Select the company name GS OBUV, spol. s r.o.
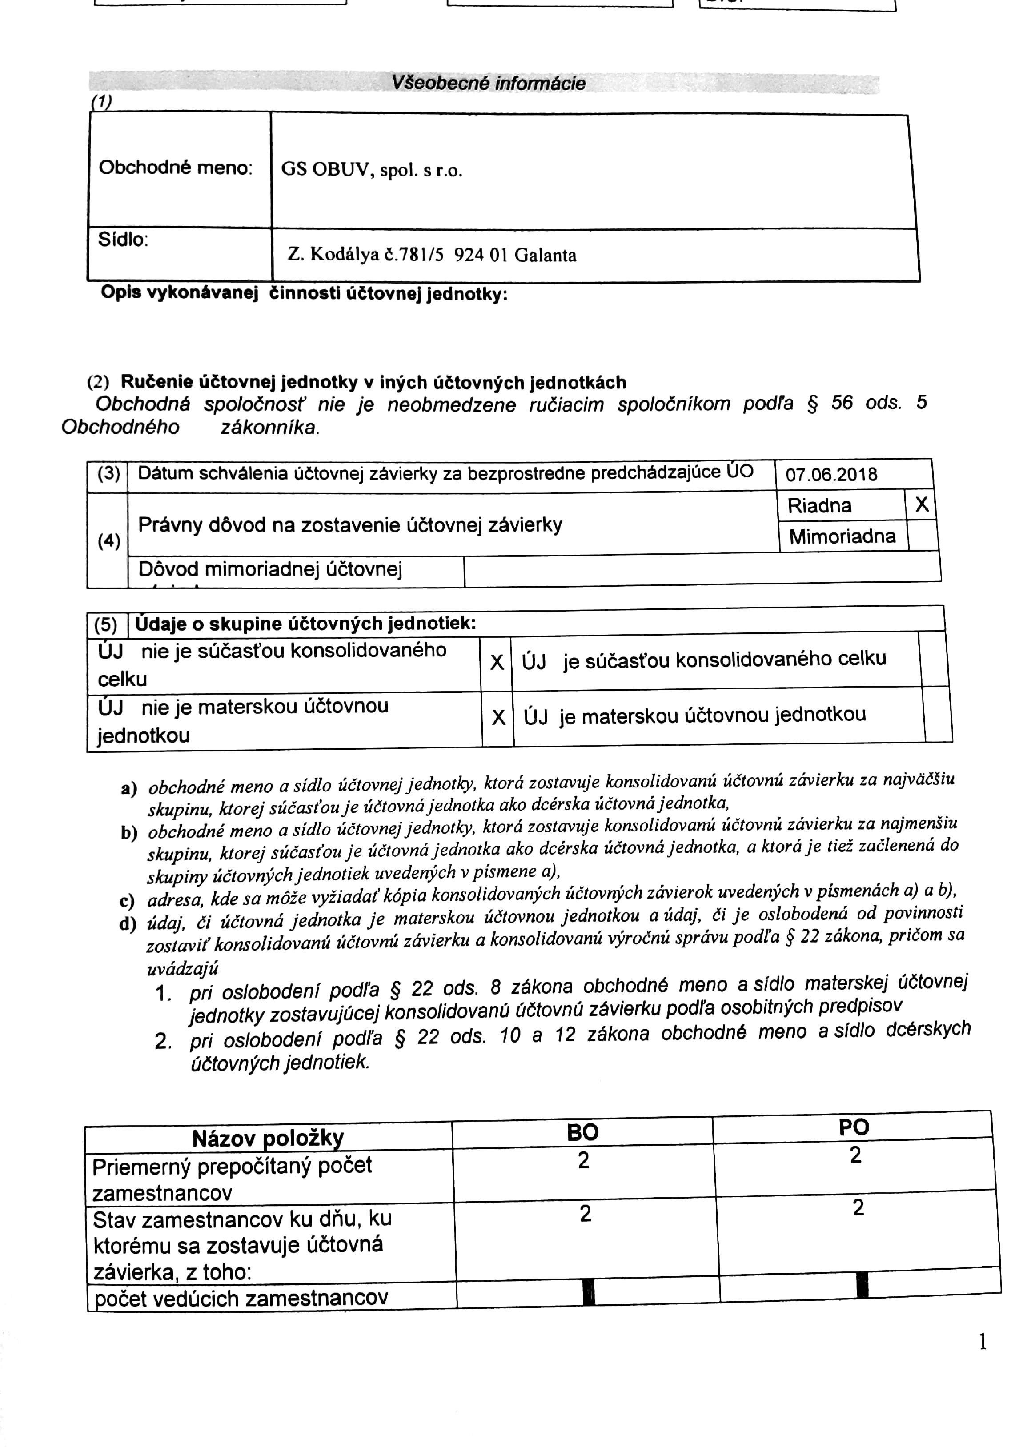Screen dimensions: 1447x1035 (371, 171)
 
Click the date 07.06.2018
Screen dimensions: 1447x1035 (831, 475)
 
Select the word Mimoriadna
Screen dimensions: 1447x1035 (842, 537)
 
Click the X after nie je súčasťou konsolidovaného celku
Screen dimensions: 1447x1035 (497, 662)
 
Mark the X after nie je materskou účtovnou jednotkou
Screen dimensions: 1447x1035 (498, 718)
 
